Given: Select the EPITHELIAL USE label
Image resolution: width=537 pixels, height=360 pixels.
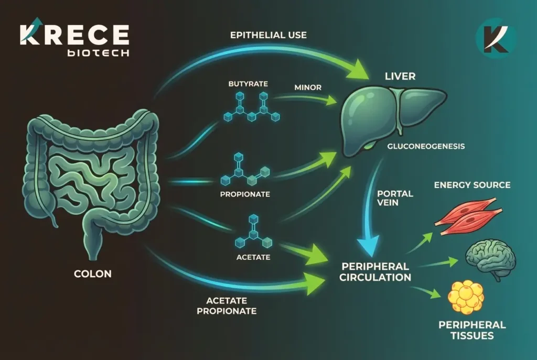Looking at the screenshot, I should tap(268, 36).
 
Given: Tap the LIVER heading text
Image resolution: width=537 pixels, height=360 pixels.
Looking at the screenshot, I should tap(400, 77).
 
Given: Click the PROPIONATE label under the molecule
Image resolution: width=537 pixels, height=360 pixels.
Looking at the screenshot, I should tap(245, 194).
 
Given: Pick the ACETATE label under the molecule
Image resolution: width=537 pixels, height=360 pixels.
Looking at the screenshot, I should tap(253, 257).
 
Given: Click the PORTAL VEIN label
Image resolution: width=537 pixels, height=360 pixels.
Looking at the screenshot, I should tap(395, 198).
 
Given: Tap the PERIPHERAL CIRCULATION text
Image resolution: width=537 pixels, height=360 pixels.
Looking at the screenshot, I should tap(375, 271).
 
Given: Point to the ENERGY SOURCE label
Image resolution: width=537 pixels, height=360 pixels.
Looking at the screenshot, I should tap(472, 185).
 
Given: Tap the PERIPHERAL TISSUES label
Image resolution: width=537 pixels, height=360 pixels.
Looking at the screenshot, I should tap(472, 330).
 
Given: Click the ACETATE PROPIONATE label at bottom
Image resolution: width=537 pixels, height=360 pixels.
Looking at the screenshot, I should tap(230, 306).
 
